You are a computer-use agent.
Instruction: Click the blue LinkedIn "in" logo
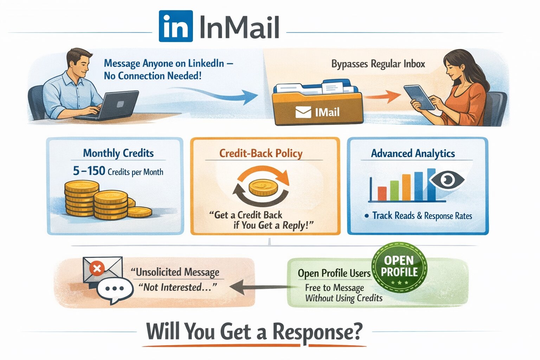point(175,26)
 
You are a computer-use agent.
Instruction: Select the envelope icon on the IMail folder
point(303,112)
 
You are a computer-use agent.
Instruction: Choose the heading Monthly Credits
point(118,153)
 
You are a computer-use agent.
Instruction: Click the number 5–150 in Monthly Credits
point(89,171)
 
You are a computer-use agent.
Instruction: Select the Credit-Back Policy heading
point(261,153)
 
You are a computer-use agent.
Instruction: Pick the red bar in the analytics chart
point(382,193)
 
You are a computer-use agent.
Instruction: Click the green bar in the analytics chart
point(394,190)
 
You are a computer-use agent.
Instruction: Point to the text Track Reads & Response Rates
point(422,216)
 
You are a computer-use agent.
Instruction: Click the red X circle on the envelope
point(97,269)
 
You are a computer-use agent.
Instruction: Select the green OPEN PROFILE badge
point(399,267)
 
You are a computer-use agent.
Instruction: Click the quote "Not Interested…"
point(178,287)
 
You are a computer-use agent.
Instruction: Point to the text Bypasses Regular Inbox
point(378,64)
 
